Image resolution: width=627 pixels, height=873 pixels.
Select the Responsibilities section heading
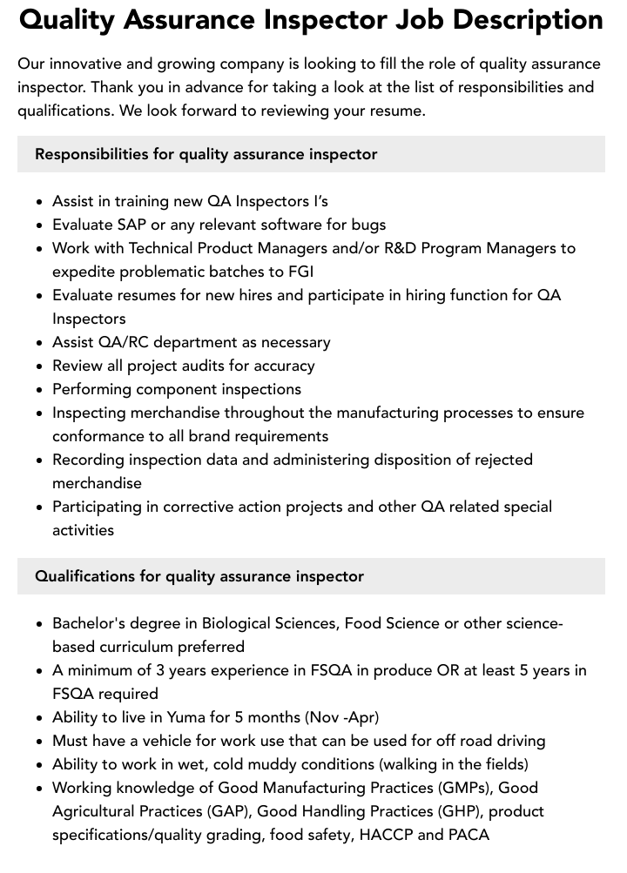206,154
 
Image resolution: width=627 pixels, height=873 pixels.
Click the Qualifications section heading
199,576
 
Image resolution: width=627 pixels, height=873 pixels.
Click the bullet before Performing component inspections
39,390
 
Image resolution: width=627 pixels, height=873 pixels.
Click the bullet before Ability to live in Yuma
39,718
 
